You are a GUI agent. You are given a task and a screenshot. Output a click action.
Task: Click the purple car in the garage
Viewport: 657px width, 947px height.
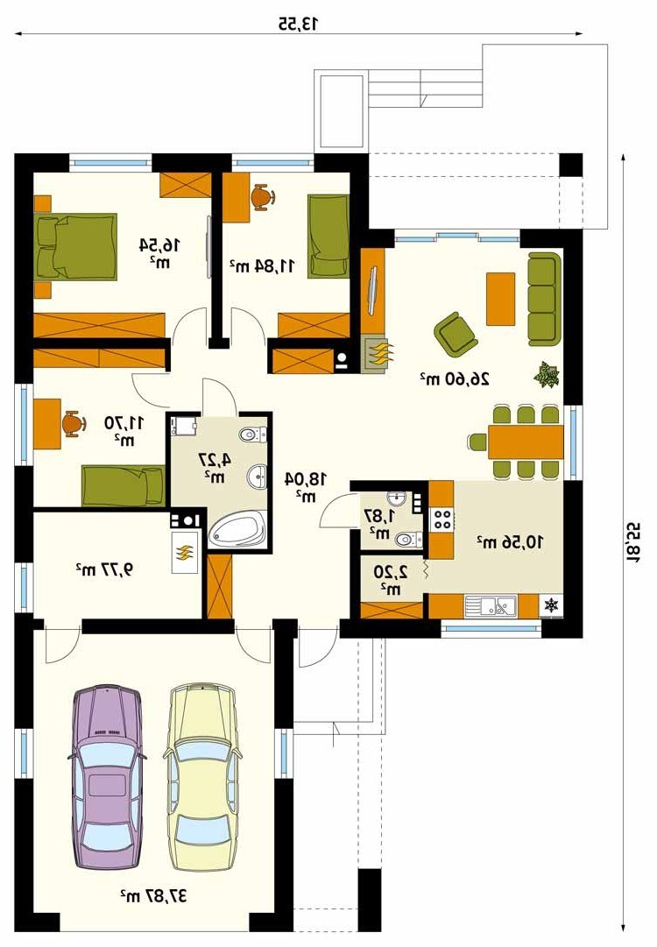pos(107,779)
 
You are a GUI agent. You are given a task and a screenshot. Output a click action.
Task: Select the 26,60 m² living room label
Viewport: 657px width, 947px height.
pos(454,378)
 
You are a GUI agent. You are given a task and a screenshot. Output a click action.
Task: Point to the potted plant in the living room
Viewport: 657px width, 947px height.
pos(547,374)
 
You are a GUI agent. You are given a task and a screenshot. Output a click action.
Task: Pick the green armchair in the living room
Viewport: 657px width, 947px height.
pos(456,334)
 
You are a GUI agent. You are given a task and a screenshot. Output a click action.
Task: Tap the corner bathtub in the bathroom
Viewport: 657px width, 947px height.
pos(237,530)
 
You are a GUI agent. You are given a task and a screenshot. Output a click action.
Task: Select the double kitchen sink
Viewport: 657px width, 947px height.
pos(491,605)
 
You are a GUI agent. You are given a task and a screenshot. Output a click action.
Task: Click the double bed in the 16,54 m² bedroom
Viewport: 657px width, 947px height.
pos(75,246)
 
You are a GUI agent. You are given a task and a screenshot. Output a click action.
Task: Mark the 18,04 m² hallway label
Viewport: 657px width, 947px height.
pos(306,487)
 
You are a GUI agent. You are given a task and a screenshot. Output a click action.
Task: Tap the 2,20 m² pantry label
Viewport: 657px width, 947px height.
pos(390,579)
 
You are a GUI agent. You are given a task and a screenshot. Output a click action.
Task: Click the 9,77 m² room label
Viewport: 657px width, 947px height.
pos(104,569)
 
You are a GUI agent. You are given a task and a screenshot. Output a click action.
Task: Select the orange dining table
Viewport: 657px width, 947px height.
pos(526,442)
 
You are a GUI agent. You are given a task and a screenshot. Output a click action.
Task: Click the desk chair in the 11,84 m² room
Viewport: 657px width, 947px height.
pos(263,197)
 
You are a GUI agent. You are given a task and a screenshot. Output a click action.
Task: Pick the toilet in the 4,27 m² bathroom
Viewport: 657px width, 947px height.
pos(252,435)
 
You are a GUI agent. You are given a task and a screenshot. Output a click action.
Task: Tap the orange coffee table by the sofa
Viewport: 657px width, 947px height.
pos(500,299)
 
